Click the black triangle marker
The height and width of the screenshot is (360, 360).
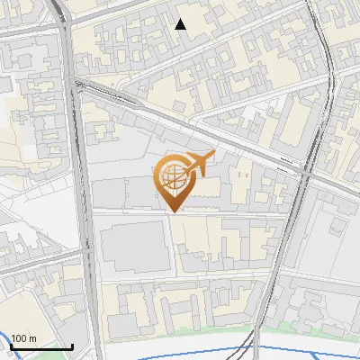pyautogui.click(x=181, y=24)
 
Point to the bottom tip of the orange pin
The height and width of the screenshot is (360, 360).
pyautogui.click(x=173, y=211)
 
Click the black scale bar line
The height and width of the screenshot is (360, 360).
pyautogui.click(x=40, y=346)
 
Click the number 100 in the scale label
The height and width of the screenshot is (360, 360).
pyautogui.click(x=19, y=338)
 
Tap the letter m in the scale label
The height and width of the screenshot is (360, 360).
pyautogui.click(x=33, y=338)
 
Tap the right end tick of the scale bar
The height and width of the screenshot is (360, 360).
pyautogui.click(x=72, y=345)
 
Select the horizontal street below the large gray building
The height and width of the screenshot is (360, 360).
pyautogui.click(x=180, y=281)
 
